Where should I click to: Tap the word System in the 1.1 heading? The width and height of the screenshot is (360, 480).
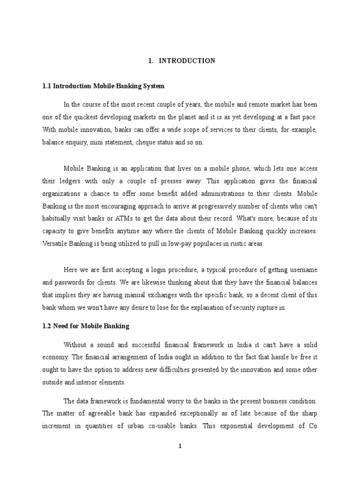[x=154, y=87]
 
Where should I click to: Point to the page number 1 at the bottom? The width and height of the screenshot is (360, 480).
[x=180, y=446]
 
